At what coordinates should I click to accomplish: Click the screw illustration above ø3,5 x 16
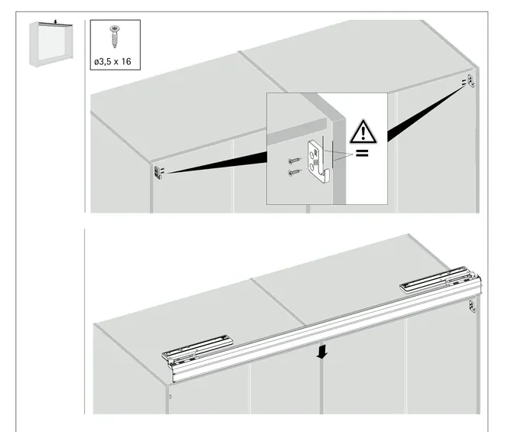point(114,36)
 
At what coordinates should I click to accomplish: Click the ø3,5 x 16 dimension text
point(112,61)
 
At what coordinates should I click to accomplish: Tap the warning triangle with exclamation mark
point(363,132)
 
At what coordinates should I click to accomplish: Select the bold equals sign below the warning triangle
point(362,153)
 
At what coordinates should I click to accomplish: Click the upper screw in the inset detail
point(295,160)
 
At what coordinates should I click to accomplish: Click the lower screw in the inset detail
point(295,173)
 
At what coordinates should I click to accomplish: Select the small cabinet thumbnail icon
point(51,44)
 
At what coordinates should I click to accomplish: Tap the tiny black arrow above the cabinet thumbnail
point(55,22)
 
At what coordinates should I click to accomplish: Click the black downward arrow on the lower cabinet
point(321,352)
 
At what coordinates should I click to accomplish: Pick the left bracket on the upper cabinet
point(158,172)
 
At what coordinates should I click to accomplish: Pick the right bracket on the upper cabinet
point(471,80)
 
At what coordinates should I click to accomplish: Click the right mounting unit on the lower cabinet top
point(440,279)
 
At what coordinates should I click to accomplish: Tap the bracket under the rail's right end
point(472,306)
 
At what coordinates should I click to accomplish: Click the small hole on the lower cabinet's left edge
point(171,397)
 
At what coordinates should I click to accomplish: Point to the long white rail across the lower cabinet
point(325,332)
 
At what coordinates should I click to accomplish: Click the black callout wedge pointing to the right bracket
point(425,113)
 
